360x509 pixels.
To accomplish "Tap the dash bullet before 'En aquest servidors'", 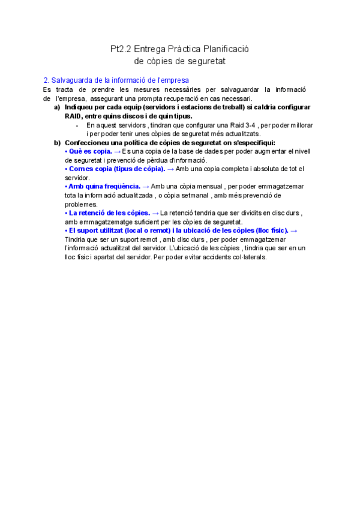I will [77, 125].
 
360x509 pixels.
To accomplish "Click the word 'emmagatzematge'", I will [101, 222].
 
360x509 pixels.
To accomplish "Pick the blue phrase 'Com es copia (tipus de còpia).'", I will [115, 169].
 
